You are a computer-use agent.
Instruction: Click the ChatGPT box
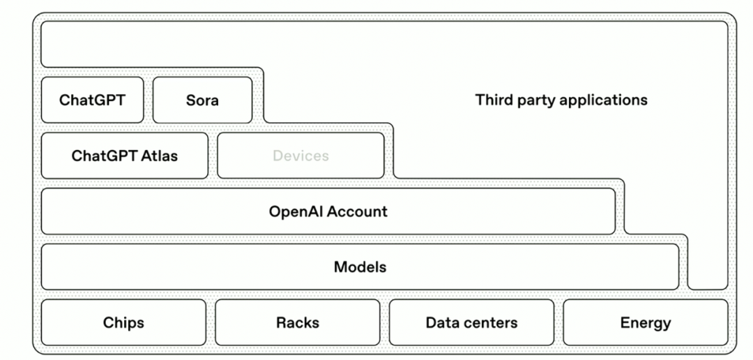pos(92,100)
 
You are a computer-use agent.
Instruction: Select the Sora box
pos(202,100)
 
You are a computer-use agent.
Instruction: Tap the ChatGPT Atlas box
pos(124,156)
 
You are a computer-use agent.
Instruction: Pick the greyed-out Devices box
pos(301,156)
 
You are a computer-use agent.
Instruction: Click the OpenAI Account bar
pos(328,211)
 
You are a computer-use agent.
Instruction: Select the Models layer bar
pos(360,267)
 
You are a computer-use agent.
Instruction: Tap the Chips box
pos(123,322)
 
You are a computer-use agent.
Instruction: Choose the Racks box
pos(298,322)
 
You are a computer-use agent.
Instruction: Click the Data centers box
pos(471,322)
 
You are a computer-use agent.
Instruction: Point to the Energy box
pos(645,322)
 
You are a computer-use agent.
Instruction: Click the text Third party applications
pos(561,100)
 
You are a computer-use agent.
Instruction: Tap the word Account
pos(358,211)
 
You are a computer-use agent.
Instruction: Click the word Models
pos(360,267)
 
